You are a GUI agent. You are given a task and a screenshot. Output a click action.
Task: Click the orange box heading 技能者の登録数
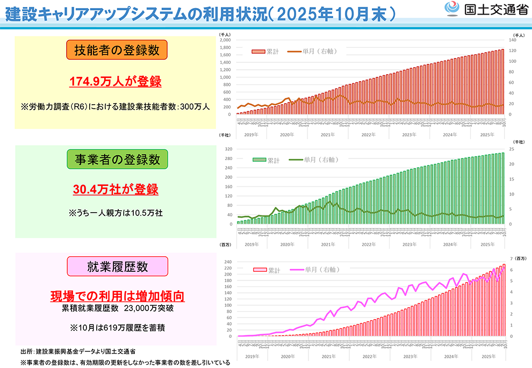pos(117,50)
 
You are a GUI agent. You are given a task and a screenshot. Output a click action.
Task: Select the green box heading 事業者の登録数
pos(117,160)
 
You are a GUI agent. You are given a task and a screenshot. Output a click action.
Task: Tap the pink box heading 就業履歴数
pos(117,266)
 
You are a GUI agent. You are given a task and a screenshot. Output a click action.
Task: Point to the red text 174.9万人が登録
pos(116,82)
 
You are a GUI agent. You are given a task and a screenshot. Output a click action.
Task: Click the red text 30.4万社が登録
pos(116,190)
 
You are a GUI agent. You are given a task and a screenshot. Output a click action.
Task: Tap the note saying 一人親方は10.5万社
pos(116,213)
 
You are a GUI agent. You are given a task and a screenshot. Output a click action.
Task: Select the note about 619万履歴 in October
pos(117,327)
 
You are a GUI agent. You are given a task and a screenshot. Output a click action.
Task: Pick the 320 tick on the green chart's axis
pos(227,149)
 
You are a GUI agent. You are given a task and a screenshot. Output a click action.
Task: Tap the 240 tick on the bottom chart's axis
pos(227,262)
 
